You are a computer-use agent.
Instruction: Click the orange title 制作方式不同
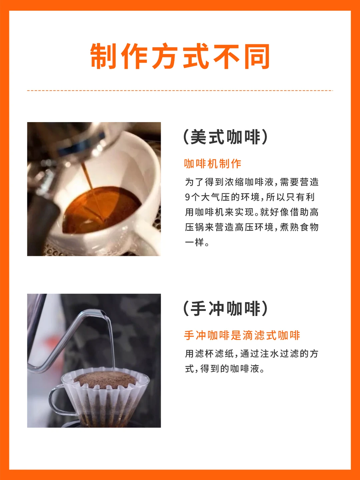[x=180, y=56]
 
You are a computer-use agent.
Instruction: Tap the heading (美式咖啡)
[x=226, y=137]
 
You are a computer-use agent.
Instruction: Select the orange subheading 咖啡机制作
[x=213, y=164]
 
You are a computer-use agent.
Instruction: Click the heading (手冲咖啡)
[x=226, y=309]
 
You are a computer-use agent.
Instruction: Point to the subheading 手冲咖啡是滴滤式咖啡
[x=242, y=335]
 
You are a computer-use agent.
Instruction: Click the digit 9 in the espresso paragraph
[x=187, y=197]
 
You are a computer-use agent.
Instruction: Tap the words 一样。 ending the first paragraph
[x=197, y=243]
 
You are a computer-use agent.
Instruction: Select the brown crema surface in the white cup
[x=102, y=209]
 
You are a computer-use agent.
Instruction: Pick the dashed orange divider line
[x=180, y=90]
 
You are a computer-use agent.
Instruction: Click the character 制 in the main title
[x=103, y=56]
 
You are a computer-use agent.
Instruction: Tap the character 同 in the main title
[x=257, y=56]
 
